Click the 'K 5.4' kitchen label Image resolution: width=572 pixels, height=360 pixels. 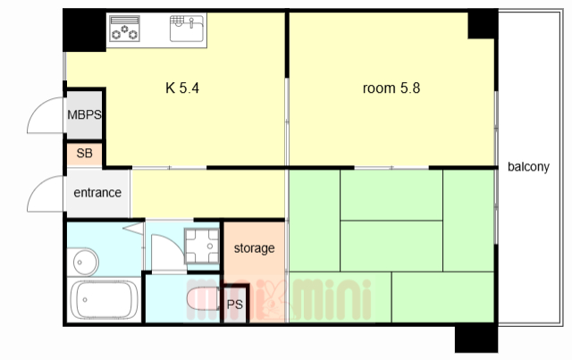(x=182, y=88)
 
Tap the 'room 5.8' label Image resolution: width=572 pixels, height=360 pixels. (x=391, y=88)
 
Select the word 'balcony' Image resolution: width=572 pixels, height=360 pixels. (x=528, y=167)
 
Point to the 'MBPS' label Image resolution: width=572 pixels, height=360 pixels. (x=84, y=114)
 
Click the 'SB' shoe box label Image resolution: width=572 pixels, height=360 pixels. (x=84, y=153)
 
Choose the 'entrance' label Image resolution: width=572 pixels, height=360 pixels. (x=97, y=192)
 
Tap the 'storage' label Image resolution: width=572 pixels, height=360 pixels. (x=254, y=248)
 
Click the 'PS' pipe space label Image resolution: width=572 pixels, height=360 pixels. (x=234, y=305)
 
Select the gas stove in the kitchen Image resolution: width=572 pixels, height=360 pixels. (x=124, y=28)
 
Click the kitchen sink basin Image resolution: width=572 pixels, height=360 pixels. (x=187, y=28)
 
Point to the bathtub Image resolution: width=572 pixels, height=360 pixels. (x=104, y=300)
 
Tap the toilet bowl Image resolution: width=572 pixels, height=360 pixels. (x=203, y=298)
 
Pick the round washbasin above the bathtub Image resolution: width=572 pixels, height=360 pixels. (x=86, y=262)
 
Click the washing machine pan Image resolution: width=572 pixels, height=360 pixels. (x=202, y=246)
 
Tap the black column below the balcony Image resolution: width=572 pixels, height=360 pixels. (x=476, y=339)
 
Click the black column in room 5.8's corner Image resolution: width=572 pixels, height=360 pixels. (x=483, y=24)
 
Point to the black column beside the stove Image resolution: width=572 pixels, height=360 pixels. (x=84, y=30)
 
